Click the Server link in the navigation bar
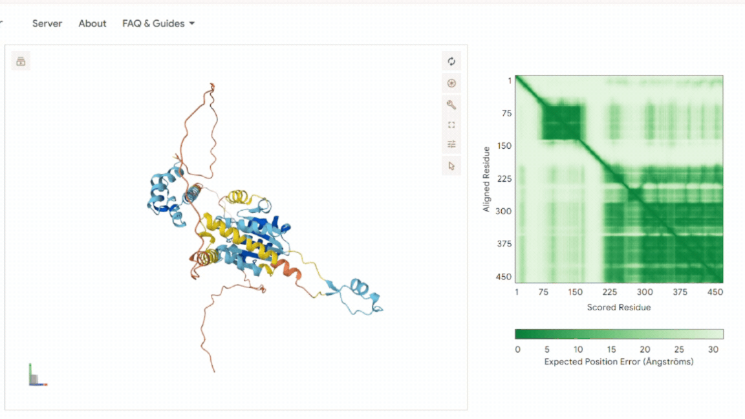pyautogui.click(x=47, y=23)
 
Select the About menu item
pyautogui.click(x=92, y=23)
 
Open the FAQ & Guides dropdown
pyautogui.click(x=158, y=23)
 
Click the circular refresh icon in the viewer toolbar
pyautogui.click(x=451, y=61)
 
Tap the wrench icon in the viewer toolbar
pyautogui.click(x=451, y=105)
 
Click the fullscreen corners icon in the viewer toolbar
pyautogui.click(x=451, y=125)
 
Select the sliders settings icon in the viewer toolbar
pyautogui.click(x=451, y=144)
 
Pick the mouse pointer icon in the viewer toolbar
pyautogui.click(x=451, y=166)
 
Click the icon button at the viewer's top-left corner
pyautogui.click(x=21, y=61)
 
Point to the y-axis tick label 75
pyautogui.click(x=507, y=113)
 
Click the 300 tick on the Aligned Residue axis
pyautogui.click(x=504, y=211)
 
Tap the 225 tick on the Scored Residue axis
pyautogui.click(x=610, y=292)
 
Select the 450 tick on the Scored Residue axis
pyautogui.click(x=715, y=292)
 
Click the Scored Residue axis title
pyautogui.click(x=619, y=307)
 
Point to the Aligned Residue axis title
pyautogui.click(x=486, y=179)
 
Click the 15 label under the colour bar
pyautogui.click(x=611, y=350)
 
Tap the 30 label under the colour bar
pyautogui.click(x=713, y=350)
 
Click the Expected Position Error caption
pyautogui.click(x=619, y=362)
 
